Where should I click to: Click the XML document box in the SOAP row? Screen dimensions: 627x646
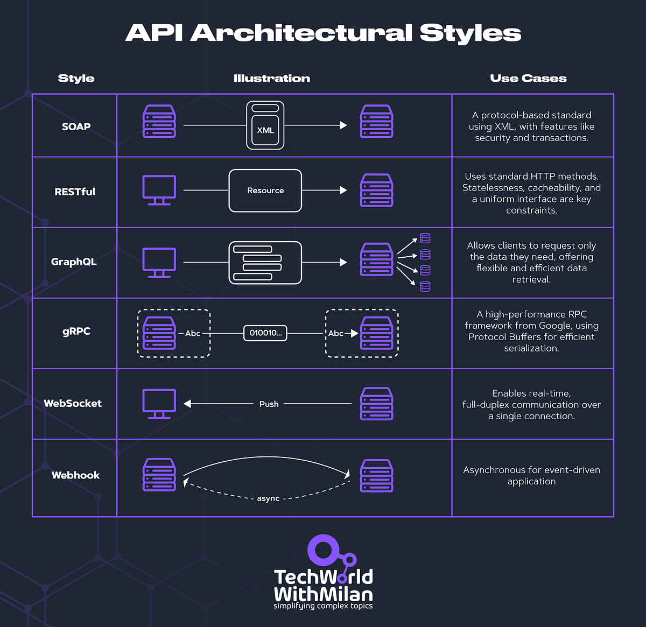point(265,125)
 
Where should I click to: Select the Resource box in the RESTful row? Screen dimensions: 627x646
point(265,191)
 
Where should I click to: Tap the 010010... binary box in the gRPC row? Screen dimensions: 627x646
point(265,333)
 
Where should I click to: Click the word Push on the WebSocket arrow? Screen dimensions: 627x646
point(269,404)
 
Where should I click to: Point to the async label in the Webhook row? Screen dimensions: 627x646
point(268,498)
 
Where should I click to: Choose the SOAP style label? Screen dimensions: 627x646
point(76,126)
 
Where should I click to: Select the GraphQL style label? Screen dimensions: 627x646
point(74,262)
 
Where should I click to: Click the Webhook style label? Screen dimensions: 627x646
point(75,475)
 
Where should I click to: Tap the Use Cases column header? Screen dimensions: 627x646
point(528,78)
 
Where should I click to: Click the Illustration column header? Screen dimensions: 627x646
point(272,78)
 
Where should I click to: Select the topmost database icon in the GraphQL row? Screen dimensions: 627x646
point(425,238)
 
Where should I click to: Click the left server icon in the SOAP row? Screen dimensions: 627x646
point(159,121)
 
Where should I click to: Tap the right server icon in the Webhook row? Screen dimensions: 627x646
point(376,475)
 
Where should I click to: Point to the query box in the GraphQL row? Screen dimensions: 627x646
point(265,263)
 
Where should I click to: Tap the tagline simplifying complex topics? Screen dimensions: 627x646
point(323,606)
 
